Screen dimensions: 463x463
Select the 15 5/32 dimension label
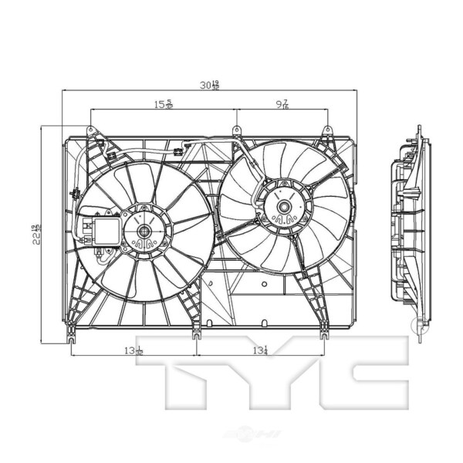163,104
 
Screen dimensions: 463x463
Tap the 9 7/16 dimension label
283,104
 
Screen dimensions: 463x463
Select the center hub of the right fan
284,206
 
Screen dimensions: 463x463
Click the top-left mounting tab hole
90,130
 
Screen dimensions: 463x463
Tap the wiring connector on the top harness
179,151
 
